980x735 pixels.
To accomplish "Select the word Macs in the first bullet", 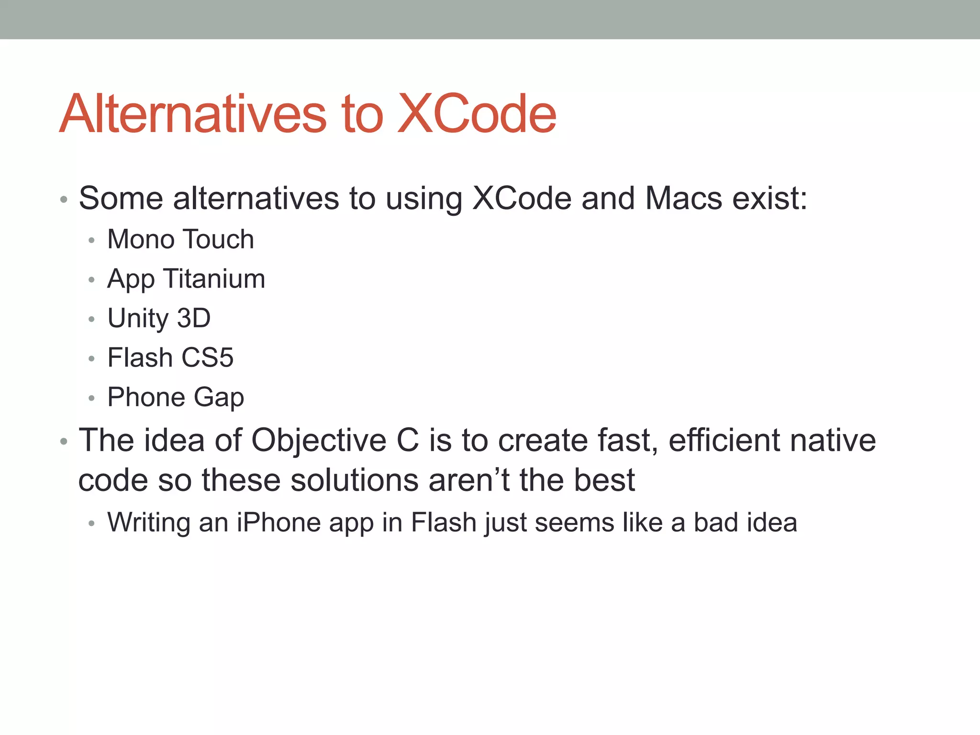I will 683,198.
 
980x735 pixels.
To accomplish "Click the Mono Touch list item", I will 180,239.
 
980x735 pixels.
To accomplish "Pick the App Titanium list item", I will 186,279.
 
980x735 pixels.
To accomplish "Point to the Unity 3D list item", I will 159,318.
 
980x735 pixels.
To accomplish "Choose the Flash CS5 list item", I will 170,357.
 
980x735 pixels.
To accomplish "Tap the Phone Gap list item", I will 176,397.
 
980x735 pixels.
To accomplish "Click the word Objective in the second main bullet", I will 319,441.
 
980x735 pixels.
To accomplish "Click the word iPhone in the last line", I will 278,523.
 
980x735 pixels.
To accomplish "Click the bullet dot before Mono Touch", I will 91,240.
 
